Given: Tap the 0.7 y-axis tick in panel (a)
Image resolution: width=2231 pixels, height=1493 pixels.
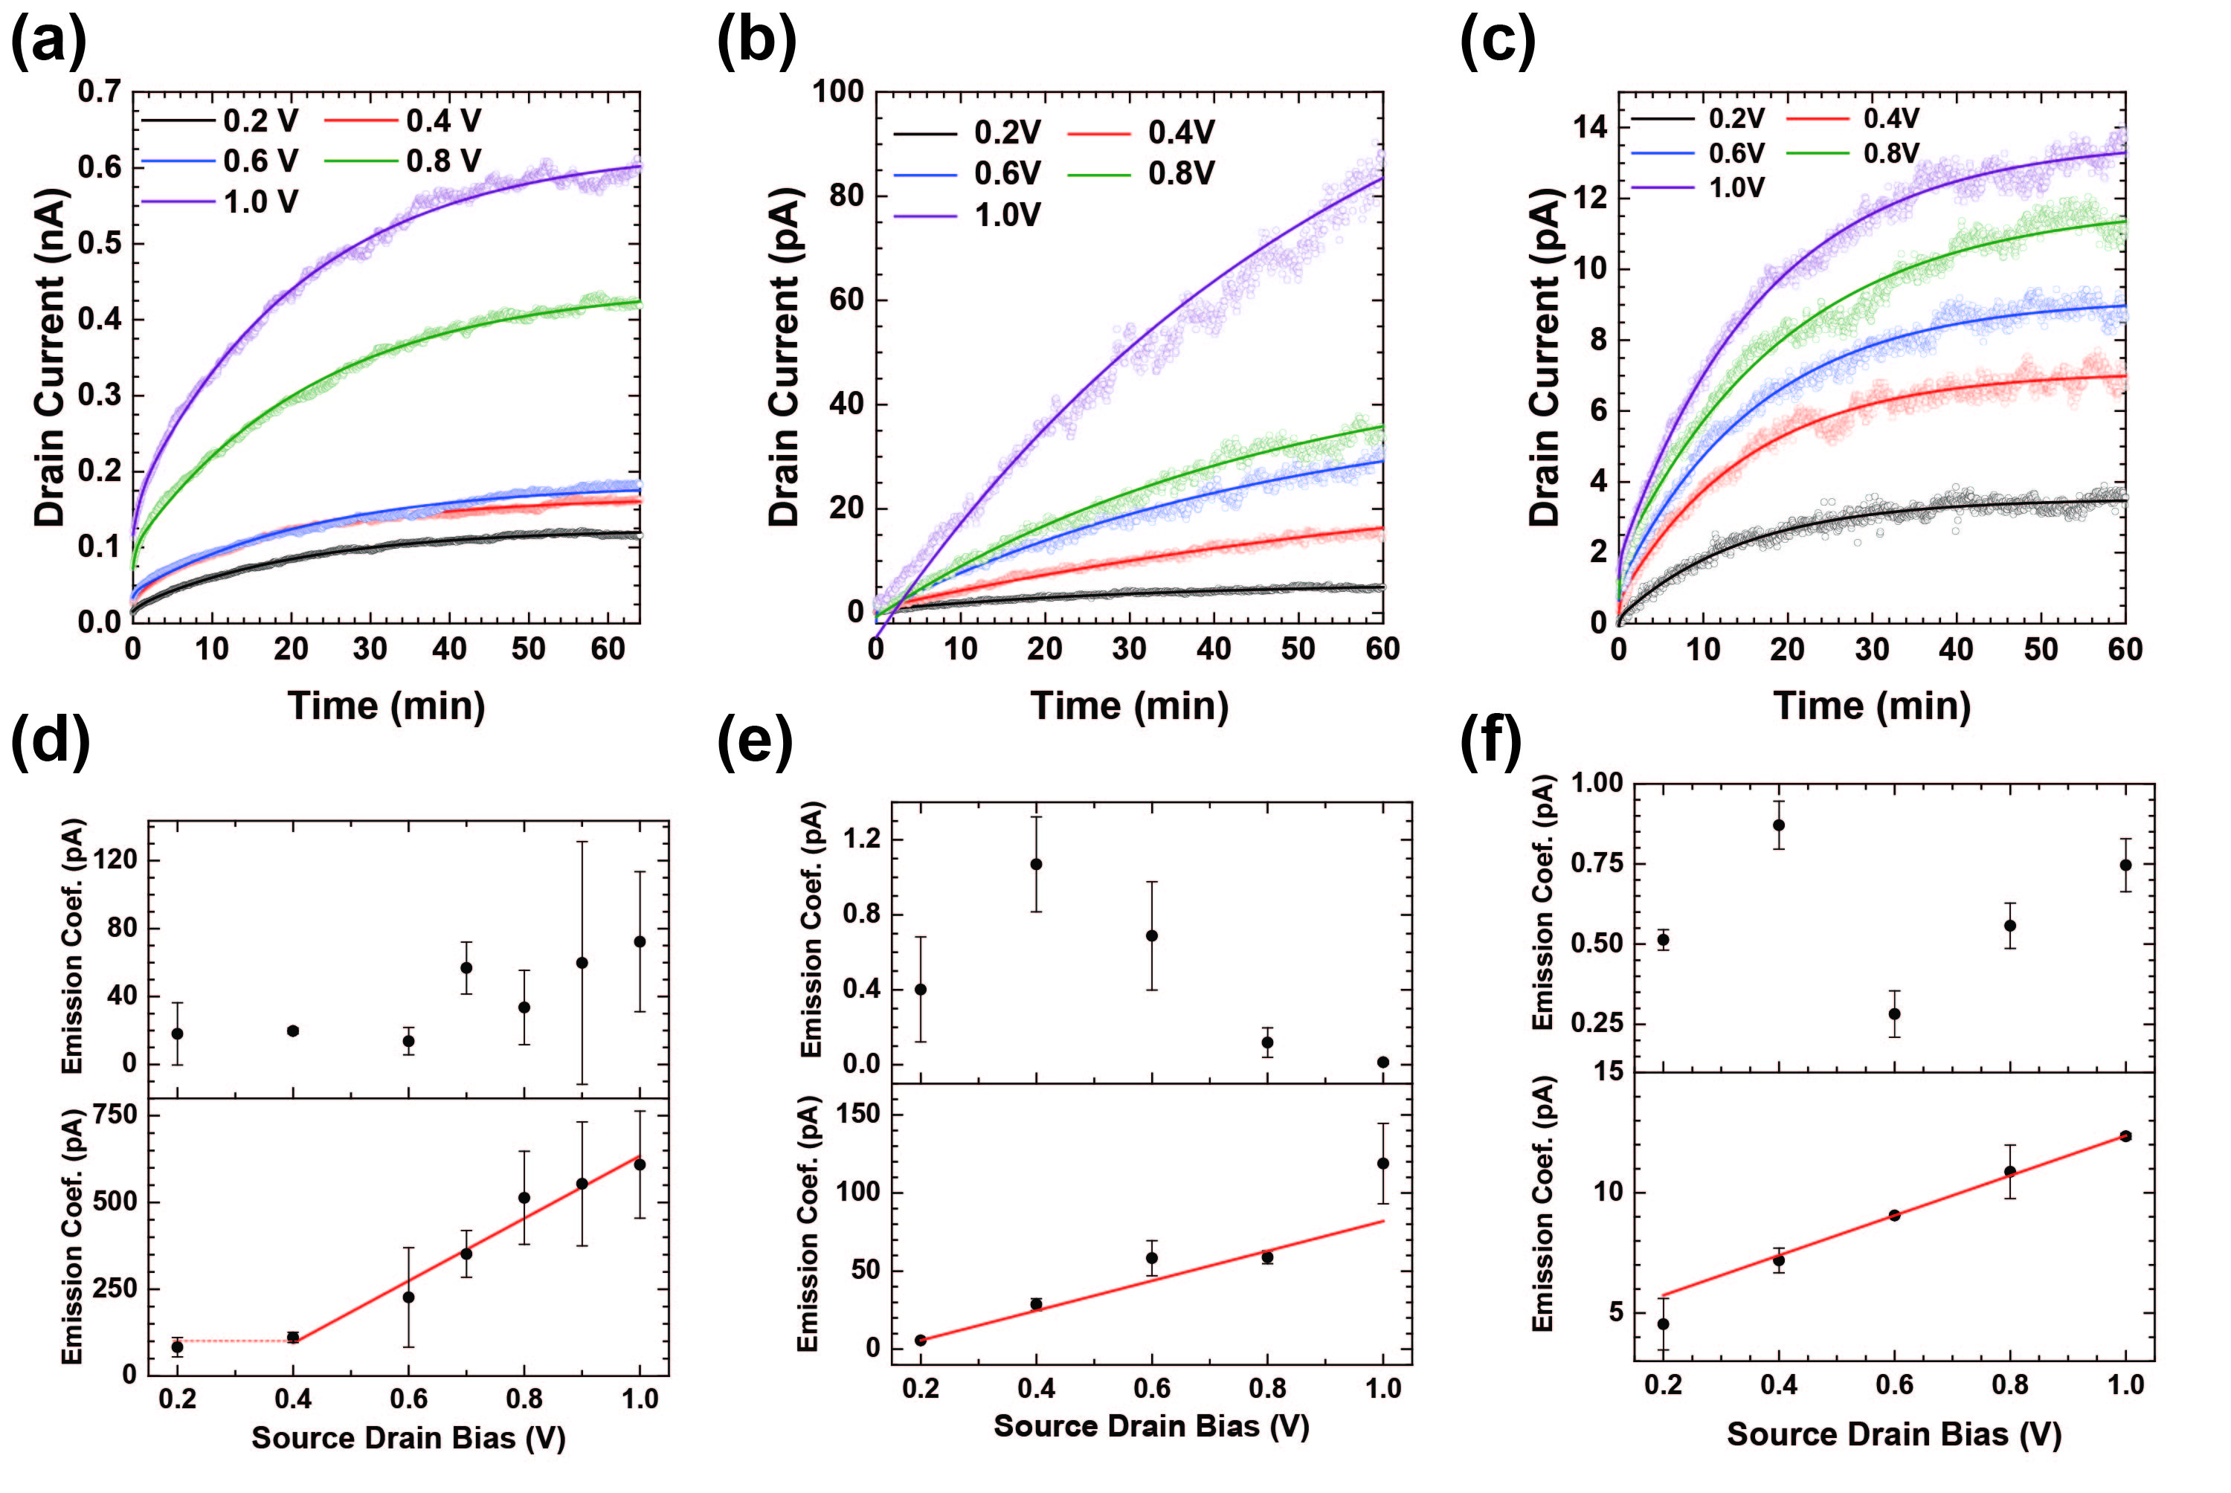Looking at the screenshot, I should pyautogui.click(x=99, y=91).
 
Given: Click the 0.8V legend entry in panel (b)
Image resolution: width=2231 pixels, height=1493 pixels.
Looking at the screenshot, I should pyautogui.click(x=1181, y=173).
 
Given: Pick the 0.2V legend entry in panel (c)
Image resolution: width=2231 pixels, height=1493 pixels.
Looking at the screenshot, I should pyautogui.click(x=1736, y=118).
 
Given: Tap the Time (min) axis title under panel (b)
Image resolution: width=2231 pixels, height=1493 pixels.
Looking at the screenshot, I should pyautogui.click(x=1130, y=706).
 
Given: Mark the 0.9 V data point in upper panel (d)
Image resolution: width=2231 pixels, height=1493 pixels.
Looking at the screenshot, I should pyautogui.click(x=582, y=963).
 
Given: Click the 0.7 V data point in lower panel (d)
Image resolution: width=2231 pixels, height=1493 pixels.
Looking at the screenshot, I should pyautogui.click(x=466, y=1253).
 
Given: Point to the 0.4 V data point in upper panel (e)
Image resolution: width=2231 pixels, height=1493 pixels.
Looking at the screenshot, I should pyautogui.click(x=1036, y=864).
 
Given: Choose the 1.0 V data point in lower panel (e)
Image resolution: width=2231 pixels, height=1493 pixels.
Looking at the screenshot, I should pyautogui.click(x=1382, y=1163).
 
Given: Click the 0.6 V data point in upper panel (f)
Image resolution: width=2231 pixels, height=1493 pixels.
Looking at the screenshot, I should pyautogui.click(x=1894, y=1014).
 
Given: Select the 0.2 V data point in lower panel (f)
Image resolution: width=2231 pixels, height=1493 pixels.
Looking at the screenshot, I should pyautogui.click(x=1663, y=1323).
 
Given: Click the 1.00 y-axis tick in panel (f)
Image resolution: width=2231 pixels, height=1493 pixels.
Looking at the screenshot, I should pyautogui.click(x=1596, y=784).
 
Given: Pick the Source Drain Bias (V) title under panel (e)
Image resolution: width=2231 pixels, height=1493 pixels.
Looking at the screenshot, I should pyautogui.click(x=1151, y=1425).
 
